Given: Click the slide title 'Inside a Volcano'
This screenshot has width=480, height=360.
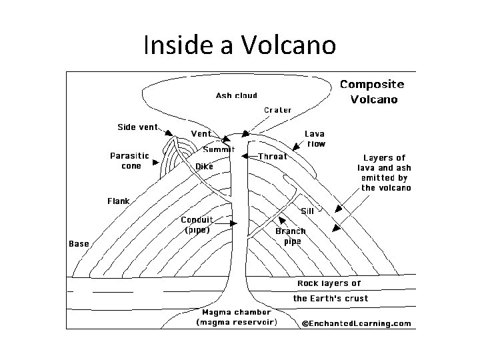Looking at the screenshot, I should [239, 45].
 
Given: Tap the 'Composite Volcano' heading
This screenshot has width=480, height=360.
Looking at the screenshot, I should [372, 92].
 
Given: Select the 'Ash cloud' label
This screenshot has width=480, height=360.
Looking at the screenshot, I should [236, 95].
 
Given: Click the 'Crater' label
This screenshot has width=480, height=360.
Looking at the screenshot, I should [277, 110].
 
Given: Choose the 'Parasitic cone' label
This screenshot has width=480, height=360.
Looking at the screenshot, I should [131, 161].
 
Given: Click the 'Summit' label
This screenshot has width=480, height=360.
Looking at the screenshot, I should [219, 149].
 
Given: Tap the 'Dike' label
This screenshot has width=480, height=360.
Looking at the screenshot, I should [204, 167].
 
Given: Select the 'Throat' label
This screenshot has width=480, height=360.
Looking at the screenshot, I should [272, 157].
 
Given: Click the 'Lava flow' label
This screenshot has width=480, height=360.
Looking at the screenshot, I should [315, 139].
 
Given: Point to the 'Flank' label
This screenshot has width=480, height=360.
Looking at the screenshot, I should [119, 201].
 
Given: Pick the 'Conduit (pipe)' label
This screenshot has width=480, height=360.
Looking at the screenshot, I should [197, 225].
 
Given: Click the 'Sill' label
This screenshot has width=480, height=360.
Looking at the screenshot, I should [307, 211].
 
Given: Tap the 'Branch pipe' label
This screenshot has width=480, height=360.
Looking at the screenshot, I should [291, 236].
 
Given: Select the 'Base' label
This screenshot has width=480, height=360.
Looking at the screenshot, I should [79, 244].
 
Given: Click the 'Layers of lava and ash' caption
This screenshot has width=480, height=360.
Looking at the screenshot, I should [386, 173].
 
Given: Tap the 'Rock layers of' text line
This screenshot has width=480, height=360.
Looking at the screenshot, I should [329, 283].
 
